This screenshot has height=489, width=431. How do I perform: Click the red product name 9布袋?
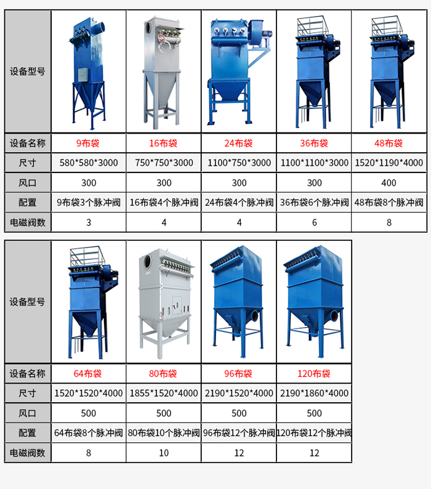(88, 143)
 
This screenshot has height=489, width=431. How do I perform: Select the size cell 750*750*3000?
(164, 163)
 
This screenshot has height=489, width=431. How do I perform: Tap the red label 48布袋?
(389, 143)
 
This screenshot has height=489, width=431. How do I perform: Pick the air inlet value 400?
(389, 183)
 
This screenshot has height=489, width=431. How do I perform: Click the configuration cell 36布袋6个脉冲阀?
(315, 203)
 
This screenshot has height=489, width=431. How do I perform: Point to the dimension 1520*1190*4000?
(389, 163)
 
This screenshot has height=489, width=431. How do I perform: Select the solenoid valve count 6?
(315, 222)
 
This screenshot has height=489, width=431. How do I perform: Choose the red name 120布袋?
(314, 374)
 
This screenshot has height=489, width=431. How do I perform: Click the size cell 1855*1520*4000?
(164, 394)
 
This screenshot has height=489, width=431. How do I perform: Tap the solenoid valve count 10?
(164, 453)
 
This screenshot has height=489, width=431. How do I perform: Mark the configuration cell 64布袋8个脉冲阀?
(89, 433)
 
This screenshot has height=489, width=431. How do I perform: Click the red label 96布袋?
(238, 374)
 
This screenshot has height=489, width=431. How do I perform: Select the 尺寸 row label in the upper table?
(28, 163)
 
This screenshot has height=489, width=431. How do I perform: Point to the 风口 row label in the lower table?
(28, 413)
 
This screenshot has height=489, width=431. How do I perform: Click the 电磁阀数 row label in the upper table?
(28, 222)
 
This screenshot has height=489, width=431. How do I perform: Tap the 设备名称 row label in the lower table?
(28, 374)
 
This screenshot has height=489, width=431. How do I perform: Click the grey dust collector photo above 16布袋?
(163, 72)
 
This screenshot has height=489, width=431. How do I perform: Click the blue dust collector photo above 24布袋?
(240, 71)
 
